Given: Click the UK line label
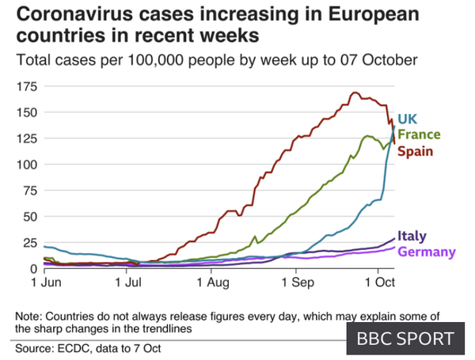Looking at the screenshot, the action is pyautogui.click(x=407, y=119).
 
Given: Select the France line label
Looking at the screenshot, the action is pyautogui.click(x=419, y=135).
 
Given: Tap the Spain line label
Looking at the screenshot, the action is pyautogui.click(x=415, y=151).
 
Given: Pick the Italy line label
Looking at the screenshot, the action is pyautogui.click(x=412, y=236).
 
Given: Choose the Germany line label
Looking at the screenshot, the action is pyautogui.click(x=427, y=252).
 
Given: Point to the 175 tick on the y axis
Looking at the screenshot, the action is pyautogui.click(x=27, y=86).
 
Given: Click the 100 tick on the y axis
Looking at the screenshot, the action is pyautogui.click(x=27, y=165).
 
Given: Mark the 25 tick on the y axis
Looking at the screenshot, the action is pyautogui.click(x=30, y=243).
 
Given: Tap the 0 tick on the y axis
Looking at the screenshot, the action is pyautogui.click(x=33, y=268).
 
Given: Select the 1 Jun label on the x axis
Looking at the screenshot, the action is pyautogui.click(x=47, y=282).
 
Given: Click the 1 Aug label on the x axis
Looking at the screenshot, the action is pyautogui.click(x=213, y=282).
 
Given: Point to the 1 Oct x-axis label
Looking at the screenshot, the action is pyautogui.click(x=379, y=282).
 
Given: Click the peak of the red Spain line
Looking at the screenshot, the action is pyautogui.click(x=355, y=93).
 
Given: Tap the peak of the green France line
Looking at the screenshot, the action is pyautogui.click(x=367, y=136).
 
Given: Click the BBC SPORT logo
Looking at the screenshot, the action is pyautogui.click(x=405, y=339).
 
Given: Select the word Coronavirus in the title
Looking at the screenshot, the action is pyautogui.click(x=74, y=14).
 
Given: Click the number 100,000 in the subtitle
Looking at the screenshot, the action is pyautogui.click(x=155, y=60).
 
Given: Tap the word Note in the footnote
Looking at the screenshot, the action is pyautogui.click(x=28, y=316).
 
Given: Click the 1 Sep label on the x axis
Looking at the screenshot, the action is pyautogui.click(x=298, y=282).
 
